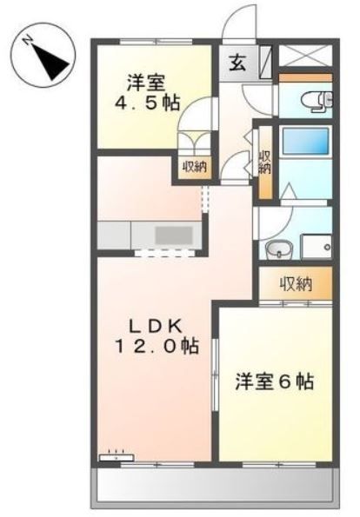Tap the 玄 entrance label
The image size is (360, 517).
point(237,62)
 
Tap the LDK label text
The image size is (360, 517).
point(156,326)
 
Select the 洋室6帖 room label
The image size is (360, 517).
point(274,381)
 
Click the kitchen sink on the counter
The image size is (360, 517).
point(175,235)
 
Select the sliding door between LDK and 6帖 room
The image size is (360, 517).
point(215,365)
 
